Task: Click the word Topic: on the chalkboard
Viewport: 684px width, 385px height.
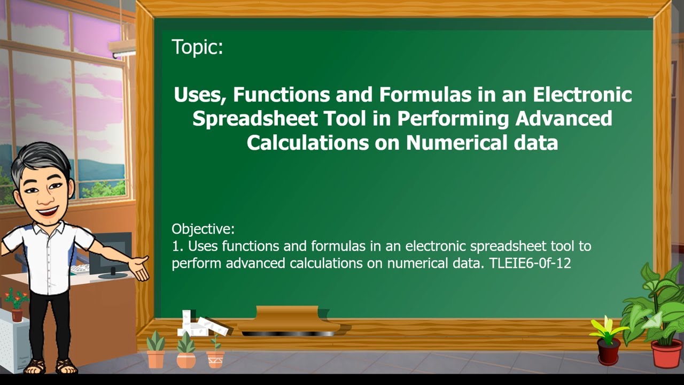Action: (x=197, y=48)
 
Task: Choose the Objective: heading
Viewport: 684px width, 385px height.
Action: (x=203, y=229)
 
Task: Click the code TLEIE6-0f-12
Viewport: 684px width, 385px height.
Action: (x=530, y=263)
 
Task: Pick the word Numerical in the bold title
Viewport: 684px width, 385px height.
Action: (x=455, y=143)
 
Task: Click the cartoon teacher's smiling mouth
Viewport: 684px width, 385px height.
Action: (x=45, y=210)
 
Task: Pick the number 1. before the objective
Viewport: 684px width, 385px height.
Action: (x=178, y=247)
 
